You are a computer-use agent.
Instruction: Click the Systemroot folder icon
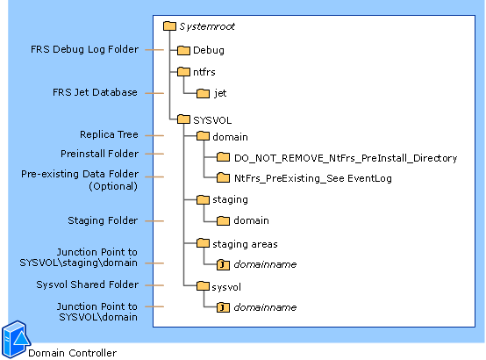[x=170, y=26]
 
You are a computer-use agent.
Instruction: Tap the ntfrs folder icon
[x=183, y=72]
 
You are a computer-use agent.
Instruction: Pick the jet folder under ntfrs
[x=220, y=93]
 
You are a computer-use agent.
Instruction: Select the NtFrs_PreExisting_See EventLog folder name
[x=312, y=178]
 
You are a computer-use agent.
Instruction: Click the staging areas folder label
[x=245, y=243]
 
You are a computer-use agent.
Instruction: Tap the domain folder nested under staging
[x=251, y=220]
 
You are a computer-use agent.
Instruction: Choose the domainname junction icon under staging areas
[x=223, y=264]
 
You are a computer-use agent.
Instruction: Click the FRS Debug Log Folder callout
[x=84, y=49]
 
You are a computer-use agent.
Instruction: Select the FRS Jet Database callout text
[x=96, y=91]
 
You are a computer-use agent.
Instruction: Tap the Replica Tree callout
[x=109, y=135]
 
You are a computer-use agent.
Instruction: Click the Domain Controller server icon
[x=14, y=339]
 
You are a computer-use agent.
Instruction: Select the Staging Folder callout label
[x=103, y=220]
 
